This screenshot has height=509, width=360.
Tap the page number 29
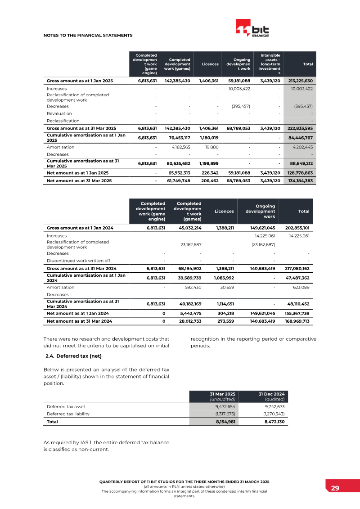(x=335, y=488)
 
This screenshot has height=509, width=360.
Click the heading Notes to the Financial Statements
(x=88, y=35)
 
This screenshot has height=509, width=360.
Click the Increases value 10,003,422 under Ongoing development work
(x=239, y=89)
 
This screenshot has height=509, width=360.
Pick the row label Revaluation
(x=59, y=114)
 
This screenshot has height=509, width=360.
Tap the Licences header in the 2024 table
(x=224, y=211)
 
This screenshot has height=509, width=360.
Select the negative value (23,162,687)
(x=262, y=245)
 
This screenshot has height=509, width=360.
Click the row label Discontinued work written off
(x=78, y=261)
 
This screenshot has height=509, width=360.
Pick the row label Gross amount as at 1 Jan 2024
(x=80, y=228)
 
